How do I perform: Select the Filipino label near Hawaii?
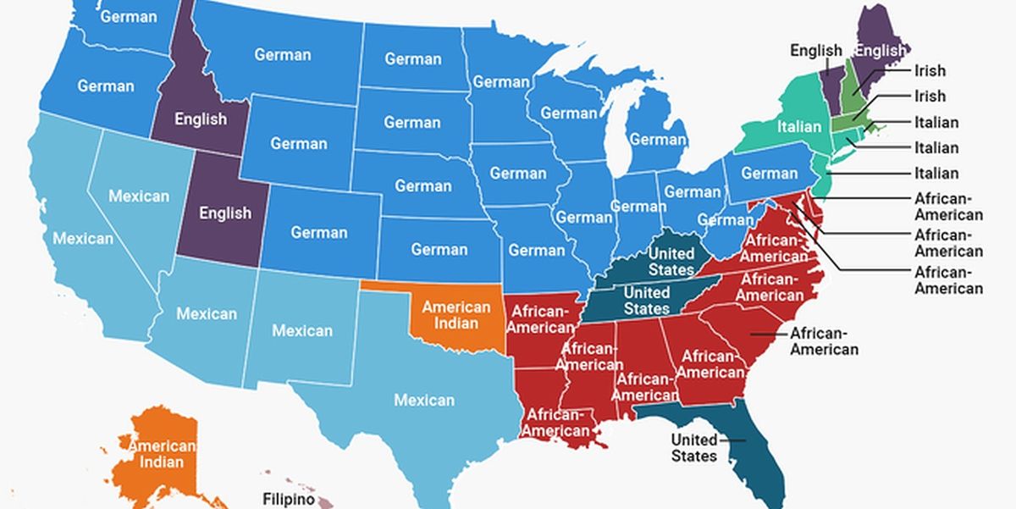[x=288, y=499]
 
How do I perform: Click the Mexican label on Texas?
[x=424, y=400]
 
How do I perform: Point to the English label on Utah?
[x=225, y=213]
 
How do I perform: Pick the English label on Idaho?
[x=201, y=119]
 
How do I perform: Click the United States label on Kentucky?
[x=671, y=262]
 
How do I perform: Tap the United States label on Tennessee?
[x=647, y=301]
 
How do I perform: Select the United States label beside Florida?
[x=693, y=447]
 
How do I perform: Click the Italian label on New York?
[x=799, y=126]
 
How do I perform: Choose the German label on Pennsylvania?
[x=770, y=174]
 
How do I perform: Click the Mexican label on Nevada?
[x=139, y=196]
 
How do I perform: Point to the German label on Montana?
[x=283, y=54]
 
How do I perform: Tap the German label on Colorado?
[x=319, y=232]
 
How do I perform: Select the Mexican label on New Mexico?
[x=302, y=330]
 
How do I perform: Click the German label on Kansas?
[x=439, y=249]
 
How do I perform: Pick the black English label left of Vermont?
[x=815, y=51]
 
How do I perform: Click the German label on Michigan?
[x=658, y=139]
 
